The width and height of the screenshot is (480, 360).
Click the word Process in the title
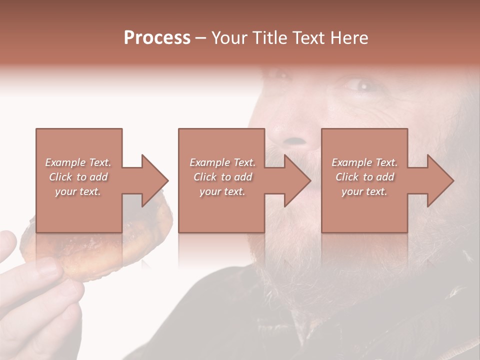click(157, 38)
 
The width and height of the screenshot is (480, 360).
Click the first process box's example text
click(78, 177)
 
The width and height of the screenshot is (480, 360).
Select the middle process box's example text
click(222, 177)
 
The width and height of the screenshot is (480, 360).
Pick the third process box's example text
click(364, 177)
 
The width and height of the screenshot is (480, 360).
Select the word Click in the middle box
click(205, 177)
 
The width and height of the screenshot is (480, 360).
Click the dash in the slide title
click(200, 38)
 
